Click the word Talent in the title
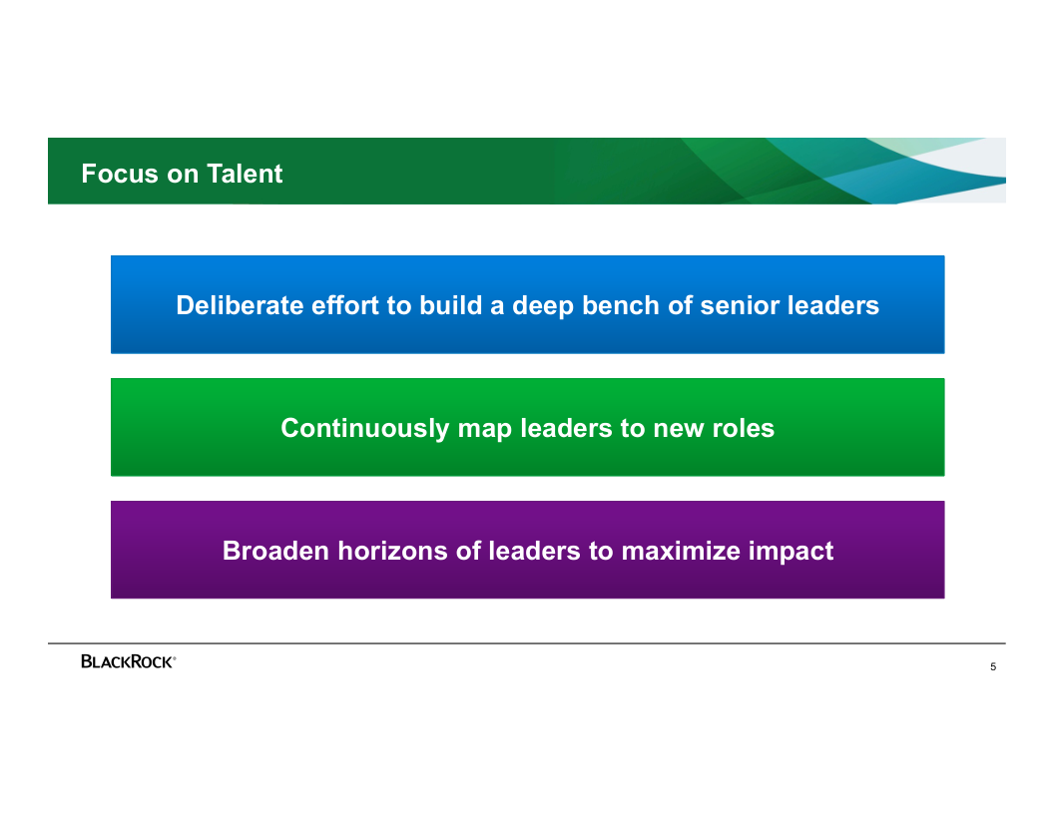click(245, 174)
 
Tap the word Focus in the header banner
click(120, 174)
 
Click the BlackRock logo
click(129, 661)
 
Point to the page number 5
click(993, 667)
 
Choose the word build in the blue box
click(451, 305)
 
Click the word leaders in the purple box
click(534, 551)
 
